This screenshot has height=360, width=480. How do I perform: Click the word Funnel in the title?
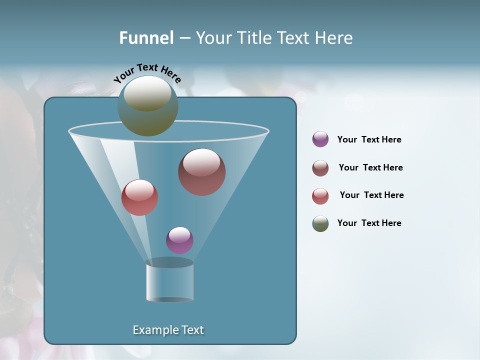pyautogui.click(x=146, y=38)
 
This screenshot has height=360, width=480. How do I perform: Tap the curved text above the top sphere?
pyautogui.click(x=147, y=72)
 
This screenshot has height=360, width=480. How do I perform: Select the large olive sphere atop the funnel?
pyautogui.click(x=147, y=106)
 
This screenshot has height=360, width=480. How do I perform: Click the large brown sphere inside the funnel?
pyautogui.click(x=202, y=172)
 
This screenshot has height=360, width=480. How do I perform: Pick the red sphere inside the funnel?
pyautogui.click(x=139, y=197)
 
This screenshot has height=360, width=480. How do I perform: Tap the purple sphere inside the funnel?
pyautogui.click(x=179, y=240)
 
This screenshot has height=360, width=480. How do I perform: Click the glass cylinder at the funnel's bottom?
pyautogui.click(x=170, y=282)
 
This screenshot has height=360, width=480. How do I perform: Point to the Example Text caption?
pyautogui.click(x=168, y=330)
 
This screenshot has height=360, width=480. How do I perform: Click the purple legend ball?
pyautogui.click(x=320, y=139)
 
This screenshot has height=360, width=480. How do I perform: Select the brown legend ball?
pyautogui.click(x=320, y=168)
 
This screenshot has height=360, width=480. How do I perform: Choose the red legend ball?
pyautogui.click(x=320, y=196)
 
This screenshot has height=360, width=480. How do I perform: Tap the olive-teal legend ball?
pyautogui.click(x=320, y=223)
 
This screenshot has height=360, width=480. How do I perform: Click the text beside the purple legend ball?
pyautogui.click(x=369, y=139)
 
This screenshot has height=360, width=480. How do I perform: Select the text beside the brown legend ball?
pyautogui.click(x=370, y=167)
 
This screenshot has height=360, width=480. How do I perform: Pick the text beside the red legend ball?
pyautogui.click(x=371, y=195)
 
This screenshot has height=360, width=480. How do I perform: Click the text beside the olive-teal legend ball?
pyautogui.click(x=369, y=223)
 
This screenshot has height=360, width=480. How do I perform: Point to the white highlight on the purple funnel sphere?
pyautogui.click(x=179, y=234)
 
